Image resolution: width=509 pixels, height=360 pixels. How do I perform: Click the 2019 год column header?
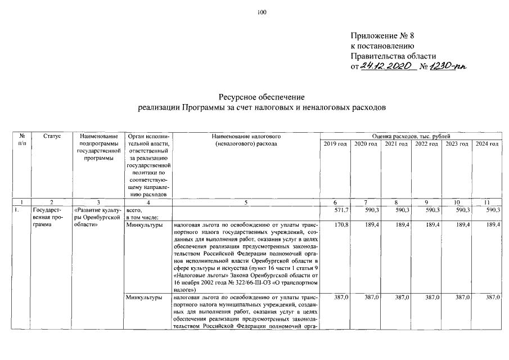(335, 145)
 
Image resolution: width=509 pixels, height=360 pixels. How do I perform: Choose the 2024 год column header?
(487, 145)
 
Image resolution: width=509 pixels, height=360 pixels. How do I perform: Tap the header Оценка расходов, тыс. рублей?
(411, 137)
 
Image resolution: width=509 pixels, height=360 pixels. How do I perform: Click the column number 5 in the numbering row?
(246, 202)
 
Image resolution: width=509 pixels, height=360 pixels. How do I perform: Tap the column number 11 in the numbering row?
(487, 202)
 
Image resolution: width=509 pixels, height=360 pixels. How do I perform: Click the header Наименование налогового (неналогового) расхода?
(246, 141)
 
